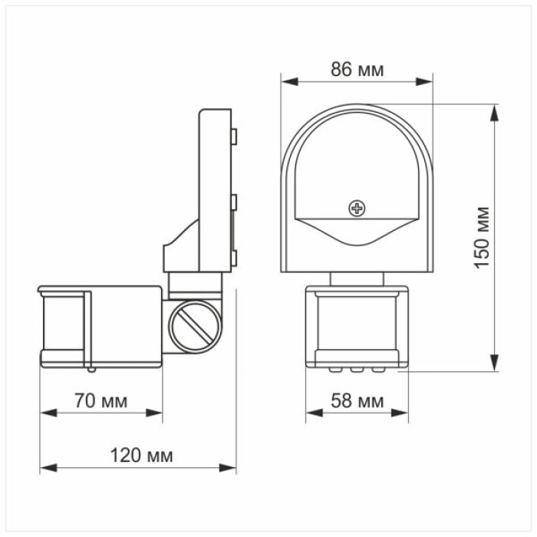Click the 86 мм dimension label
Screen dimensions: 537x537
click(357, 70)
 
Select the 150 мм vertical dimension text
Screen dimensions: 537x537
click(482, 237)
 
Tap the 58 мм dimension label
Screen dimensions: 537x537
click(358, 400)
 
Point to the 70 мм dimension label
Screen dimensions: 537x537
click(102, 400)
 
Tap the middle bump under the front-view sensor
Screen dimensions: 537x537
click(357, 367)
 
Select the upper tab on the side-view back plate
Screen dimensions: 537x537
click(234, 137)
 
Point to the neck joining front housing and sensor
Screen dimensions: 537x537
click(357, 278)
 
